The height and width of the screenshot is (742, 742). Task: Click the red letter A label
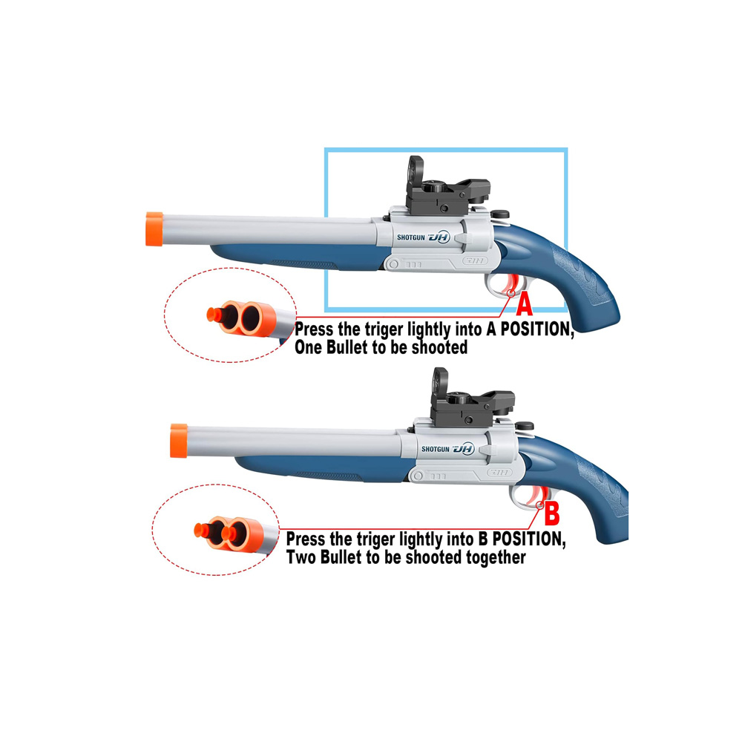525,304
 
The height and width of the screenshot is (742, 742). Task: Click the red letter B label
552,514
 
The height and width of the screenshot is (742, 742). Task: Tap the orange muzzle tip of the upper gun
154,229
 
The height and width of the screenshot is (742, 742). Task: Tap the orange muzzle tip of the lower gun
178,441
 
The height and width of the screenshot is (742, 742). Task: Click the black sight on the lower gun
471,401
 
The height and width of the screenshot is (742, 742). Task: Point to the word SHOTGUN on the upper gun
411,237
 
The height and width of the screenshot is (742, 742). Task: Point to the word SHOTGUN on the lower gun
436,449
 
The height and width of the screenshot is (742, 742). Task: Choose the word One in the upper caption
308,347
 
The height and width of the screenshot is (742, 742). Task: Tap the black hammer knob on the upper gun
499,214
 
